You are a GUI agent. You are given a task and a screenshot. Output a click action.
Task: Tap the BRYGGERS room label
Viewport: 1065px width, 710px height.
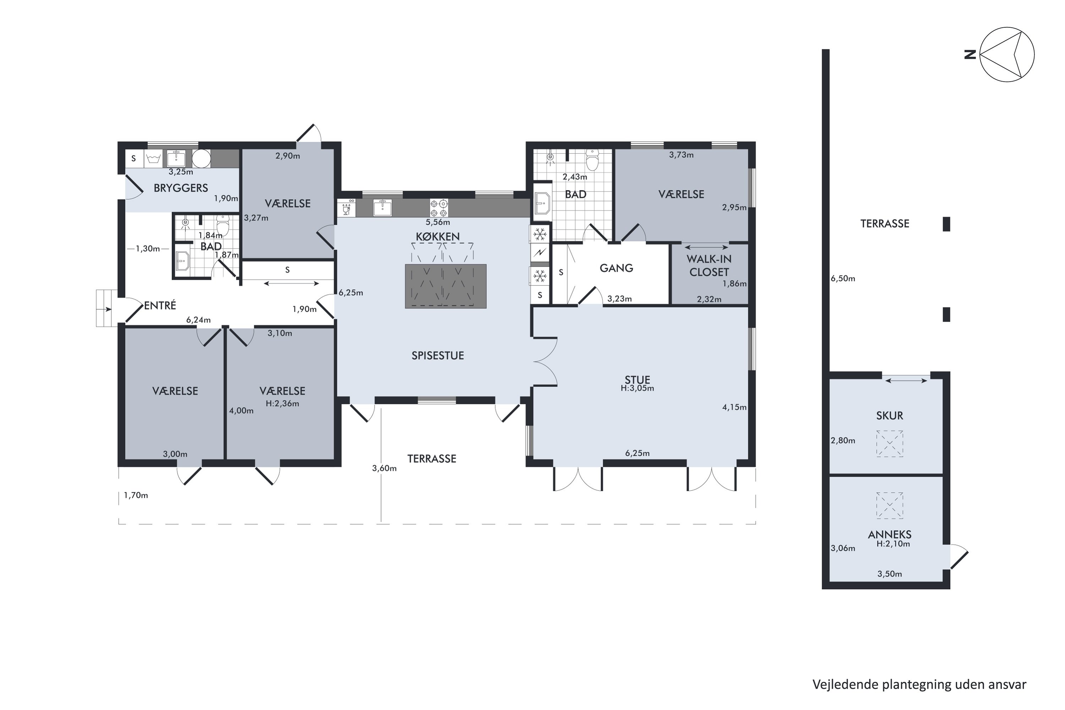click(181, 188)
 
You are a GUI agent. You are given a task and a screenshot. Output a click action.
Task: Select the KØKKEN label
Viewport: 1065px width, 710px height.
click(438, 236)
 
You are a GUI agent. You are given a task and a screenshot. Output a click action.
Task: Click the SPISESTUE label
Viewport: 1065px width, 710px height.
click(438, 355)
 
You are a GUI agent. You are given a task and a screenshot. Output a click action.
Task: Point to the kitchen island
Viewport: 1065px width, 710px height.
click(446, 286)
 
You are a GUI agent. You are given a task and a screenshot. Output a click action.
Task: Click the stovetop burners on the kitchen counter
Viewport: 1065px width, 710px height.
click(439, 208)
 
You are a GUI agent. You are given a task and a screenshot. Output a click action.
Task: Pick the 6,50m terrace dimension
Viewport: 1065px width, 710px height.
click(843, 278)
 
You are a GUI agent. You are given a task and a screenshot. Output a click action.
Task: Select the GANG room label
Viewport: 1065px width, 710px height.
click(616, 268)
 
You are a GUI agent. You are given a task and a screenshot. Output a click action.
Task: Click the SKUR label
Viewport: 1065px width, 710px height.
click(889, 415)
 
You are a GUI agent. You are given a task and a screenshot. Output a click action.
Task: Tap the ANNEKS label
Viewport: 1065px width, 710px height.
click(889, 534)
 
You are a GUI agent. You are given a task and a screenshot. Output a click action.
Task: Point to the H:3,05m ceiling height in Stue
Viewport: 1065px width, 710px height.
click(637, 388)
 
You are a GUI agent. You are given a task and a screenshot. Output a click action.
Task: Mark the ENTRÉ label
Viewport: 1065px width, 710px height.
click(160, 306)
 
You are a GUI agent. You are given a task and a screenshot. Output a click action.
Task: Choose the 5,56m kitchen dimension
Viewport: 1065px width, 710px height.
click(437, 222)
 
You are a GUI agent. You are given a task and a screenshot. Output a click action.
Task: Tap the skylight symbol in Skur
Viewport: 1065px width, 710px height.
click(889, 444)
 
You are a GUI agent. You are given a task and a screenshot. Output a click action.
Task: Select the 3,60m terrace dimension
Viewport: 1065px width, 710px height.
click(384, 468)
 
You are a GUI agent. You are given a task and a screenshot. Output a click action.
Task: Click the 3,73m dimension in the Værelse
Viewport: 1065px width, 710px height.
click(681, 155)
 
